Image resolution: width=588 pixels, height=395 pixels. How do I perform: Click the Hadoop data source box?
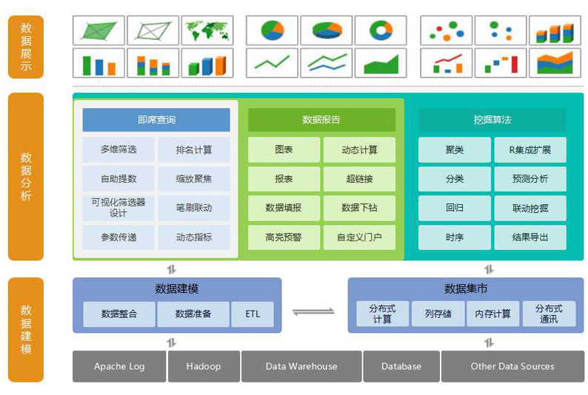pyautogui.click(x=203, y=366)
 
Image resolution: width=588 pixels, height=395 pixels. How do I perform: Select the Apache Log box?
pyautogui.click(x=119, y=366)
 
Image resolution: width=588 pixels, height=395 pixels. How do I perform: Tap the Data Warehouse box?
pyautogui.click(x=301, y=366)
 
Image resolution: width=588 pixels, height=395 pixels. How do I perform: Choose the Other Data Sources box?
pyautogui.click(x=512, y=366)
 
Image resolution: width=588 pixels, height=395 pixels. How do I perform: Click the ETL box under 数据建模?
pyautogui.click(x=253, y=314)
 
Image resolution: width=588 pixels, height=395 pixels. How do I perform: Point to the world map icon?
pyautogui.click(x=207, y=30)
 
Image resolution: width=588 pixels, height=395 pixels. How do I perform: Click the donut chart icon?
pyautogui.click(x=381, y=30)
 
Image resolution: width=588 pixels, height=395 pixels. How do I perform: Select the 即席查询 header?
pyautogui.click(x=156, y=119)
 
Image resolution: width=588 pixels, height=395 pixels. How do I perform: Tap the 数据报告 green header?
pyautogui.click(x=321, y=119)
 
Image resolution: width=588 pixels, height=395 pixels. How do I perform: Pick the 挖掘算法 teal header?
pyautogui.click(x=492, y=119)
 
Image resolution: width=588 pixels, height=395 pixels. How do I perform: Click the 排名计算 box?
pyautogui.click(x=194, y=149)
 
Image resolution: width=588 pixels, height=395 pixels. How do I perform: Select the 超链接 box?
pyautogui.click(x=359, y=178)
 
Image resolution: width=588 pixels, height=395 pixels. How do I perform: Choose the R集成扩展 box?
pyautogui.click(x=530, y=149)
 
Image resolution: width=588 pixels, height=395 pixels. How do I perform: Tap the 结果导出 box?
pyautogui.click(x=530, y=237)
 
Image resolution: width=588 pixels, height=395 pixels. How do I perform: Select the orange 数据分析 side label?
pyautogui.click(x=26, y=177)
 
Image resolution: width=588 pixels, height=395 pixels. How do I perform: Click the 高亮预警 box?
pyautogui.click(x=284, y=237)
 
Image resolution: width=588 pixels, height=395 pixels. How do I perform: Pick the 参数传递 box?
pyautogui.click(x=118, y=237)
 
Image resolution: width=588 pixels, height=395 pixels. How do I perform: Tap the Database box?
pyautogui.click(x=401, y=366)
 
